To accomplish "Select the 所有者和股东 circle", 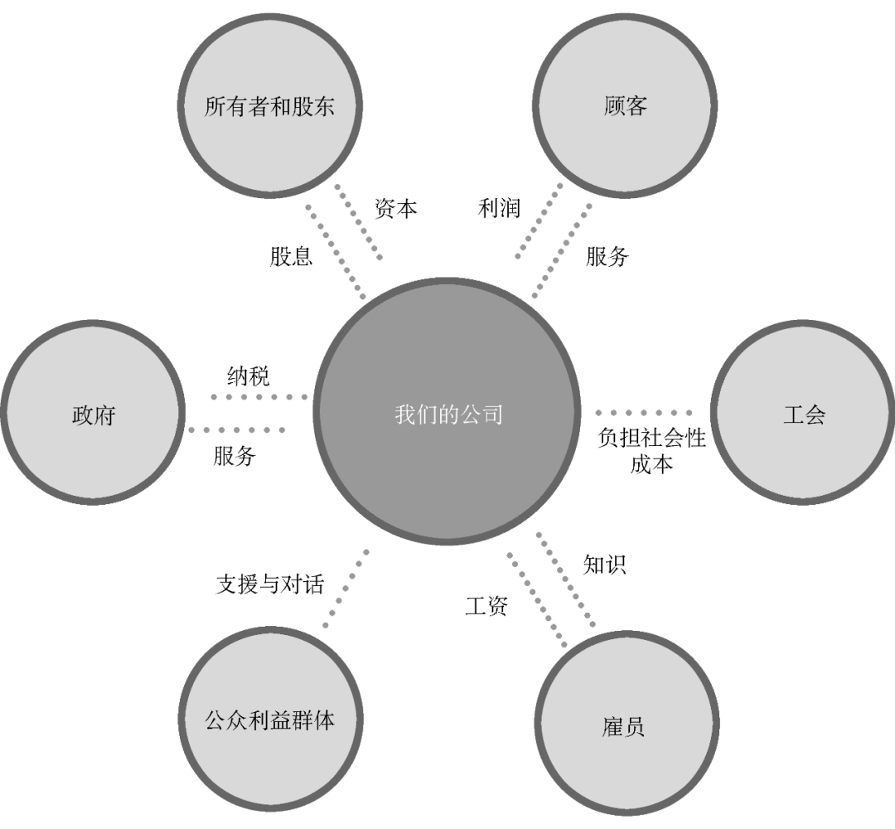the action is [269, 106].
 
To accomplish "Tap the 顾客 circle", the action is [626, 106].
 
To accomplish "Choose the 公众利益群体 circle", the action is [269, 720].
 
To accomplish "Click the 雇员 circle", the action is [626, 726].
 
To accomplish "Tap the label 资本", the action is [395, 208].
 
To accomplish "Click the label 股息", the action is [291, 255].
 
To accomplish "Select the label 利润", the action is [499, 208].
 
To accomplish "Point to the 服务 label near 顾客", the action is [607, 257].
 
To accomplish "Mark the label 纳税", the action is [248, 376].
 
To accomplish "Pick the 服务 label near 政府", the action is [235, 455].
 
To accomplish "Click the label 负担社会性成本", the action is [651, 450].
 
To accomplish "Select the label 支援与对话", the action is [269, 584].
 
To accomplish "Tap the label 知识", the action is [604, 565].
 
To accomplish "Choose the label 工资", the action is [486, 606].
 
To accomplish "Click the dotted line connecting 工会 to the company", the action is [645, 412].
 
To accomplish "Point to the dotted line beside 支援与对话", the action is [346, 588].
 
